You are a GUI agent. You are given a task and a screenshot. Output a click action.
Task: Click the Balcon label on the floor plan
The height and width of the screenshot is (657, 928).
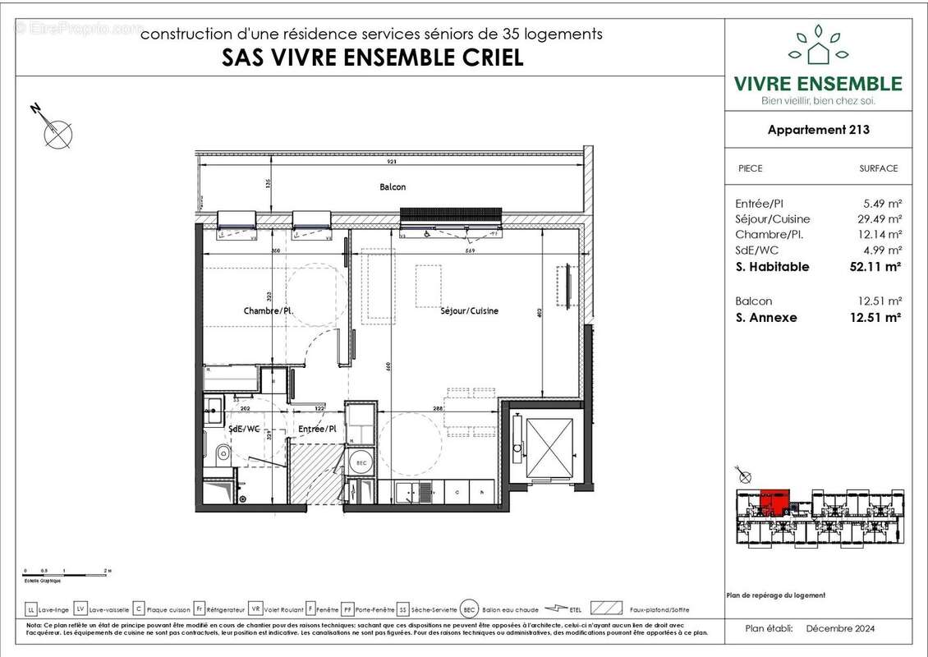pos(393,187)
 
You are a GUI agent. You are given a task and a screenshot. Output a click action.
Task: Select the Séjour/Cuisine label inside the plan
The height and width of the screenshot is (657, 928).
pos(470,311)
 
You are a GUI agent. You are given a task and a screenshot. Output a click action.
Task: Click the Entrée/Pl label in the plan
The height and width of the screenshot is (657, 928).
pos(317,430)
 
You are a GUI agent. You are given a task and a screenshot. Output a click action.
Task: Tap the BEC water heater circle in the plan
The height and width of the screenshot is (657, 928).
pos(360,462)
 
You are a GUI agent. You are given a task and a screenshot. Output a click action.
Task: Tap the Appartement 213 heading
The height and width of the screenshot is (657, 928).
pos(818,130)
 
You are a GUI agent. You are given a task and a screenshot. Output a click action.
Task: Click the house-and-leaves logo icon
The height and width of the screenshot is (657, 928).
pos(818,47)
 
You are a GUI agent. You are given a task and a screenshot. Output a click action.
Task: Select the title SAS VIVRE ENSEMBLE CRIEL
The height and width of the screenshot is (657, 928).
pos(373,58)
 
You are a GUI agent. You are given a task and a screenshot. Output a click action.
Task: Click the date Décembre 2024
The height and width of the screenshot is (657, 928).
pos(840,629)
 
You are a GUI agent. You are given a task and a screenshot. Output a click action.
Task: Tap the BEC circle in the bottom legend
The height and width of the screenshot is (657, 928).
pos(469,609)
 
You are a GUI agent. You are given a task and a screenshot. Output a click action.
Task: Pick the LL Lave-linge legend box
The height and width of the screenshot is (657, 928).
pos(31,609)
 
